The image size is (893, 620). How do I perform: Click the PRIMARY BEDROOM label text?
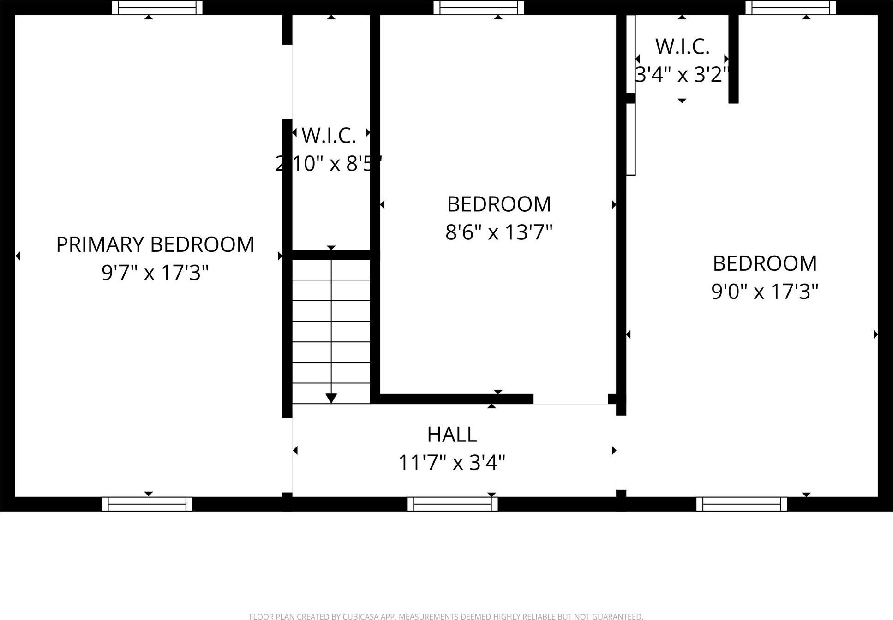155,244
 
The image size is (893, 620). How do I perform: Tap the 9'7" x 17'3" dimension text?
155,273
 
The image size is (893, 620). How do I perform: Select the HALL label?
452,435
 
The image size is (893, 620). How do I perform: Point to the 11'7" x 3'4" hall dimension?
452,462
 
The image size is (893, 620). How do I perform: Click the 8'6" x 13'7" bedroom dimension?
499,232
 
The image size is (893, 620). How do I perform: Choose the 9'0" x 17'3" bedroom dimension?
765,292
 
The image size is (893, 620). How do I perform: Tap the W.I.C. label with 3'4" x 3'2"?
682,47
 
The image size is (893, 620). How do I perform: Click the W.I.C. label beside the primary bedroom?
329,136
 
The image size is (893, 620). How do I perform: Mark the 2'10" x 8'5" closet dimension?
329,163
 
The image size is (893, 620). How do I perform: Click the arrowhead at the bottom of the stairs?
331,398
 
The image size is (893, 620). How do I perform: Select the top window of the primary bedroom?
157,8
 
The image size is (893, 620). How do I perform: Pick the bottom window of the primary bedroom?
147,504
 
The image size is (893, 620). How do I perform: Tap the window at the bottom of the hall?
452,504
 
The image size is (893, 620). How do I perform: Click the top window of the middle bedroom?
479,8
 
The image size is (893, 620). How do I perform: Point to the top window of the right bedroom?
791,8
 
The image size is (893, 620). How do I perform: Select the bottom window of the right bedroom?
741,504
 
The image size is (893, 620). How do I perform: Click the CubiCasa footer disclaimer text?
446,616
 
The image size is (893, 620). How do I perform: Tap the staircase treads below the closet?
331,331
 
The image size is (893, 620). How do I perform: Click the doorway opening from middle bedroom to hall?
570,399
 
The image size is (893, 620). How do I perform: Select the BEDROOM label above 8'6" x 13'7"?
499,204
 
